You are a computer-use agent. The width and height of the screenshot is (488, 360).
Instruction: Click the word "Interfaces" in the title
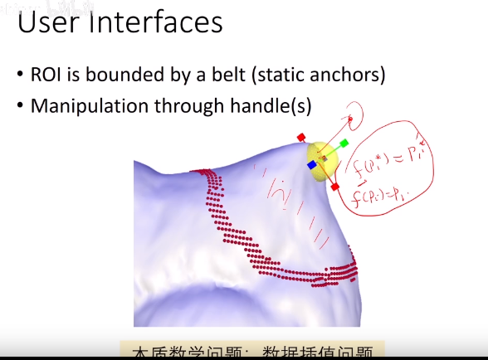point(158,22)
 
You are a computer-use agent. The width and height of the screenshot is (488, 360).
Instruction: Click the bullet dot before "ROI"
point(20,76)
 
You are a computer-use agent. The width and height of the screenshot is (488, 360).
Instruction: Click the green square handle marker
point(344,144)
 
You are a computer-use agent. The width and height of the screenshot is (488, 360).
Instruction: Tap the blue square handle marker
point(312,165)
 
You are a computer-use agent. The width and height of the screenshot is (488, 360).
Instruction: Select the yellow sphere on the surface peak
point(325,157)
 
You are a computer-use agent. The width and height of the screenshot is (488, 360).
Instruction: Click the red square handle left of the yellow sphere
point(302,137)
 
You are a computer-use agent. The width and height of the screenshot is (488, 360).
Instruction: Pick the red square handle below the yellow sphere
point(334,187)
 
